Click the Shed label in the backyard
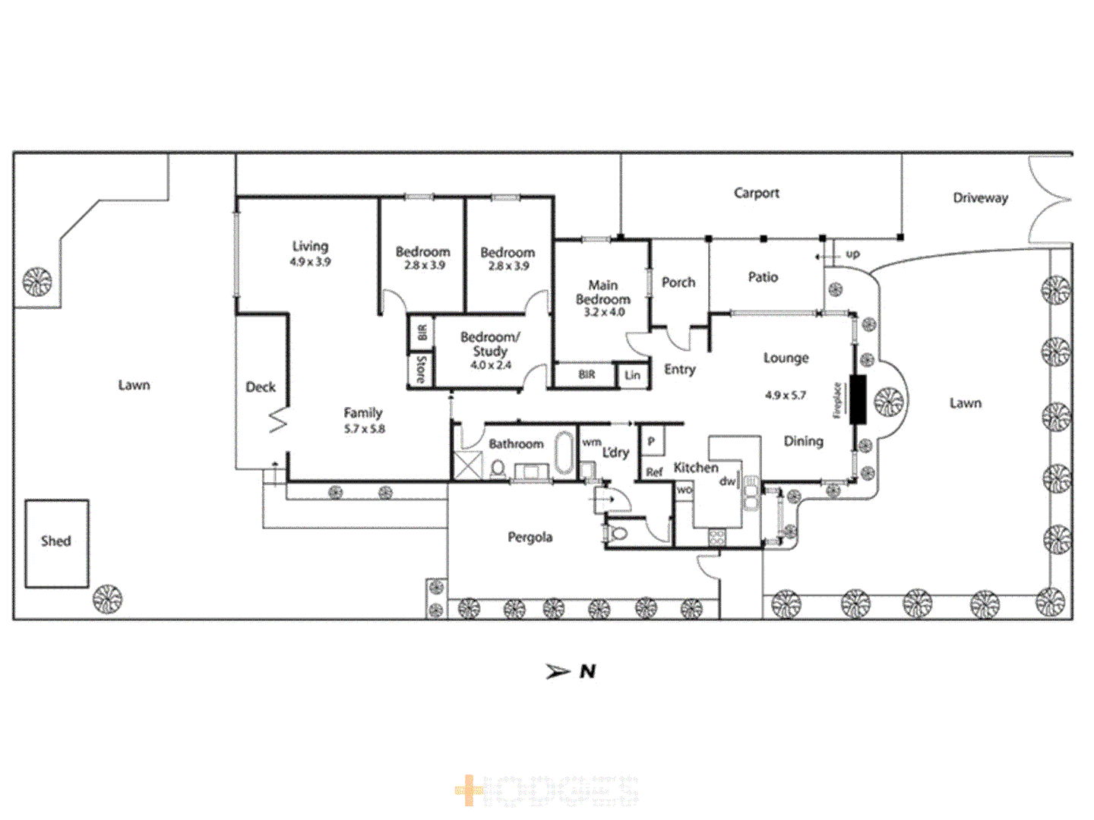point(55,541)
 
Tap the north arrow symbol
point(558,671)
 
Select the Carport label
point(756,193)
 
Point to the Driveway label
point(980,198)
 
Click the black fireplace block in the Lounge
point(858,399)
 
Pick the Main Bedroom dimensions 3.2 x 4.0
point(603,312)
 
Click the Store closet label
point(420,370)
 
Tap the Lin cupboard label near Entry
point(632,375)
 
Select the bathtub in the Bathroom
point(564,453)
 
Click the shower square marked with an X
point(468,465)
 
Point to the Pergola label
point(530,538)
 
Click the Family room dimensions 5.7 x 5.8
point(364,429)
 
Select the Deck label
point(261,387)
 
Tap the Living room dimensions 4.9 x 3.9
point(310,262)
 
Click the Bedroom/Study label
point(490,344)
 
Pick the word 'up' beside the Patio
point(852,254)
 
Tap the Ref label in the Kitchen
point(654,472)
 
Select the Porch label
point(678,282)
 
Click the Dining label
point(803,441)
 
